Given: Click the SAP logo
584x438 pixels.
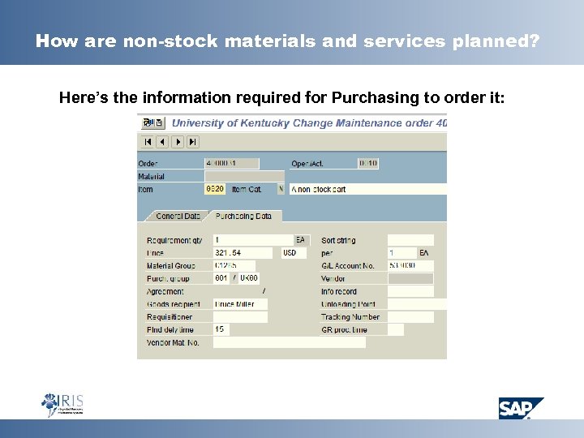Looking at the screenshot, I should point(521,407).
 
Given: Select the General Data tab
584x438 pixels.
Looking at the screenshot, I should point(178,217).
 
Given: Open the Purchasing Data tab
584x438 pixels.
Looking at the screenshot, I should point(243,217).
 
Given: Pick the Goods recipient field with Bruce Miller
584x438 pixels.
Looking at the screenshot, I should point(240,304).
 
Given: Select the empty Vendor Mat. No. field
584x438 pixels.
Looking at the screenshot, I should point(289,343).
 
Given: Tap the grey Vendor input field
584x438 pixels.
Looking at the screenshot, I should point(410,279).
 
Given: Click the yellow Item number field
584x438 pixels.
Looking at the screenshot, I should point(215,189).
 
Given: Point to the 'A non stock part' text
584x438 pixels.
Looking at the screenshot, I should point(319,189).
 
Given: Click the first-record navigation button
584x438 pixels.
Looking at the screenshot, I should point(148,142).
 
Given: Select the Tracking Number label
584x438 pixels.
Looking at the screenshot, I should point(350,317).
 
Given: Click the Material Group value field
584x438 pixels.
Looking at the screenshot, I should point(234,266).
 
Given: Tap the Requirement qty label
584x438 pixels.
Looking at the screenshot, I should point(174,241).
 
